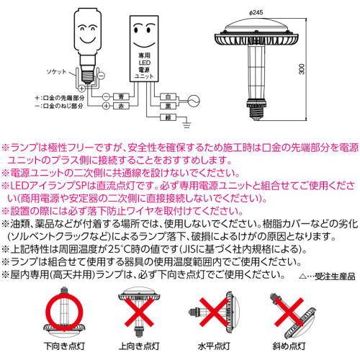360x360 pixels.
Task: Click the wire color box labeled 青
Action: (x=121, y=96)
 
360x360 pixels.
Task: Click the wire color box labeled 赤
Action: (x=121, y=106)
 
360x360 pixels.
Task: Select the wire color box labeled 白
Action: (x=168, y=96)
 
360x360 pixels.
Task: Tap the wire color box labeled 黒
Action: (x=168, y=106)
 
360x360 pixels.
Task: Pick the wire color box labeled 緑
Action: (x=168, y=117)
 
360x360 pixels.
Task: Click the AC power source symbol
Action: (x=194, y=101)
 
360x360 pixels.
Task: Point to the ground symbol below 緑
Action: (x=186, y=125)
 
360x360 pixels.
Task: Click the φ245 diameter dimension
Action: (x=256, y=12)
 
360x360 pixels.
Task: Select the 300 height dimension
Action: (x=302, y=69)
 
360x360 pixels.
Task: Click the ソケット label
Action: (x=56, y=72)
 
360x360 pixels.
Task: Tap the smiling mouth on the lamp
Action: (x=87, y=39)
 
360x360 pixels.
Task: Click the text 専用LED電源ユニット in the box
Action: (x=144, y=66)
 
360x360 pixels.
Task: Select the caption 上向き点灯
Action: (x=139, y=346)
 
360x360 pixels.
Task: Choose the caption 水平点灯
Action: (x=214, y=346)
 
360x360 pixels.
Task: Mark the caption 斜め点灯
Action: (x=289, y=346)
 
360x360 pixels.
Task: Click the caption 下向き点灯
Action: (x=64, y=346)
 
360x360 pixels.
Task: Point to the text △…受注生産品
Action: (x=327, y=276)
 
